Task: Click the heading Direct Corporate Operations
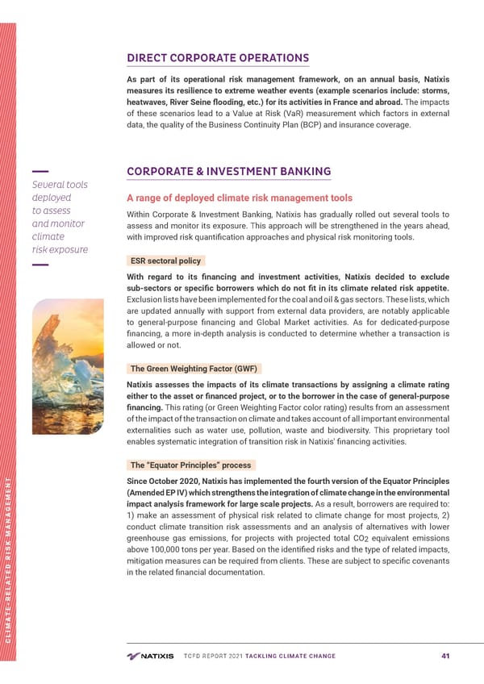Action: point(218,58)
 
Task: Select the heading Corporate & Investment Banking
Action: point(228,172)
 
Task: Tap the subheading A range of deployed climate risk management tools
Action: point(240,198)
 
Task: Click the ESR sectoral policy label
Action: point(165,261)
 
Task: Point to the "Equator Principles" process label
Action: point(190,465)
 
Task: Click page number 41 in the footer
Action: point(444,655)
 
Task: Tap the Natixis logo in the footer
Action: point(150,655)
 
